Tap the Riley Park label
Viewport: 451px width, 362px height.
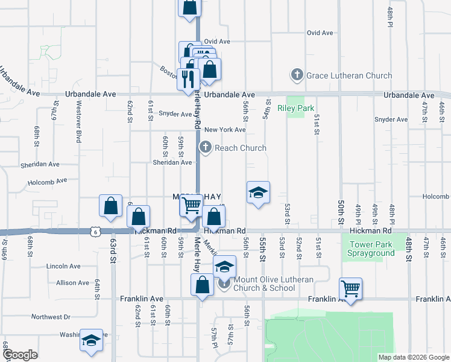click(296, 109)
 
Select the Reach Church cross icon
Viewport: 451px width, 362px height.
click(206, 147)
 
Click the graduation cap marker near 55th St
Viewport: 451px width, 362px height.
click(258, 193)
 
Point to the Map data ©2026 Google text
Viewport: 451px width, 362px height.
click(413, 357)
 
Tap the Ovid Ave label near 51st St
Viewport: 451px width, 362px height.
click(320, 33)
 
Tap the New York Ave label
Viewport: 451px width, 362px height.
click(225, 130)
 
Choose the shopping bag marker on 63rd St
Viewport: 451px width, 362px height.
click(111, 206)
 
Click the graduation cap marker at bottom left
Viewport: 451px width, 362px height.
click(92, 341)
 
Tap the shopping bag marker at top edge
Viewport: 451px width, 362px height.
click(189, 7)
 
